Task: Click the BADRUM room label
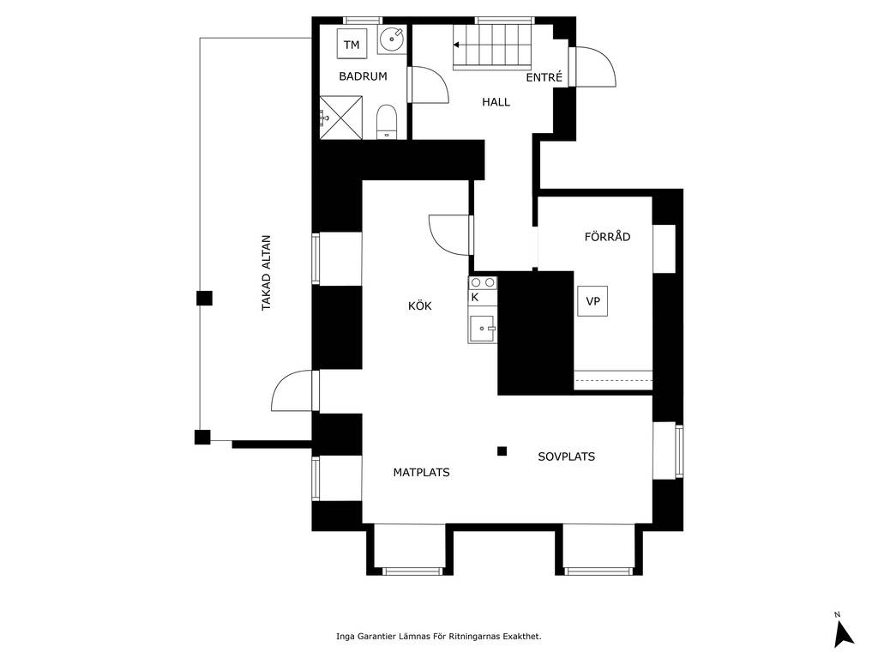point(363,76)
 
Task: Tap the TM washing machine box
point(352,45)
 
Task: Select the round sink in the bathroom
point(391,39)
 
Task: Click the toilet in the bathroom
point(387,122)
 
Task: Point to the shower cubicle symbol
point(341,118)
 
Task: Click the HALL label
point(496,102)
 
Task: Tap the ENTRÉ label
point(544,77)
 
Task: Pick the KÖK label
point(420,306)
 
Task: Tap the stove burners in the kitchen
point(483,282)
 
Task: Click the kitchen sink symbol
point(483,329)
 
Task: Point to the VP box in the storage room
point(592,301)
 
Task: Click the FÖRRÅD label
point(608,237)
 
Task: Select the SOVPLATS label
point(566,456)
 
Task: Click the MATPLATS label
point(421,473)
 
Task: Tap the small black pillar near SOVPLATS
point(502,451)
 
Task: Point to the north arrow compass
point(843,633)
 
